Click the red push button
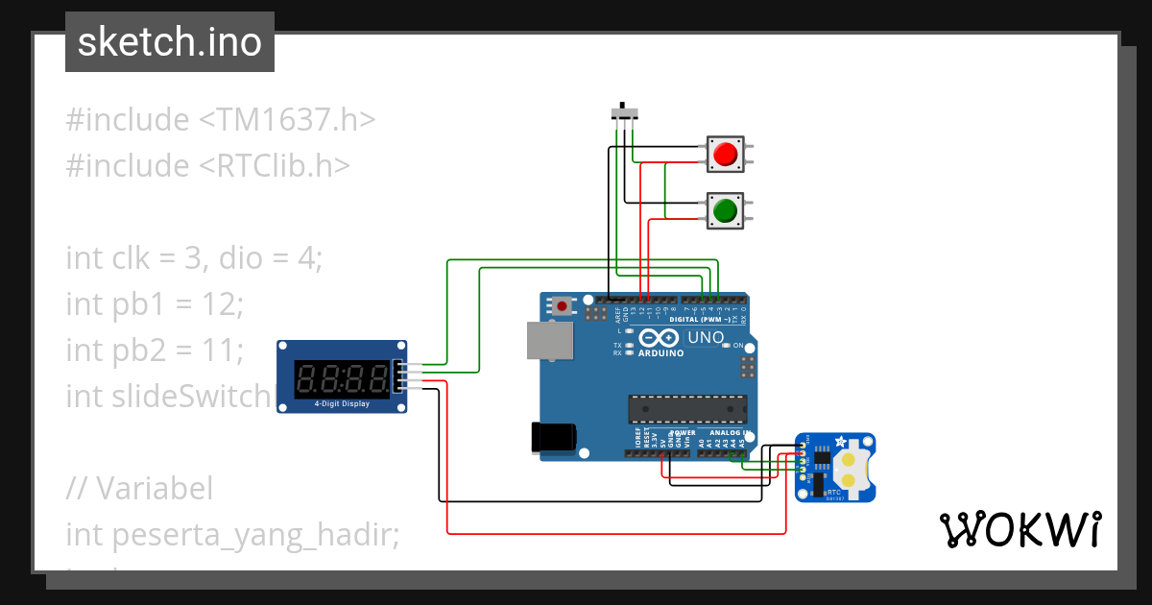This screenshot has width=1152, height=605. (x=725, y=154)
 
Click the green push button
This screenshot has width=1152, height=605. (x=725, y=209)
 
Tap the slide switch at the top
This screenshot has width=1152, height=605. (x=626, y=113)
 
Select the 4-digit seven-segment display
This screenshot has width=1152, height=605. (x=341, y=375)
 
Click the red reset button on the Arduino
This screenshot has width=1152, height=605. (x=562, y=306)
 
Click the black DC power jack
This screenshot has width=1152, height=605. (x=554, y=437)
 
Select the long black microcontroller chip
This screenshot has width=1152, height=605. (x=687, y=409)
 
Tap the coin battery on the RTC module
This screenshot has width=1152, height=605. (x=849, y=469)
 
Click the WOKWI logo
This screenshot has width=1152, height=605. (x=1019, y=529)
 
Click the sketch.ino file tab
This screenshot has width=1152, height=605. (x=170, y=42)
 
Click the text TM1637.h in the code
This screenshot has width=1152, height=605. (x=287, y=120)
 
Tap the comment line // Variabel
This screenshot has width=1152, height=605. (x=139, y=488)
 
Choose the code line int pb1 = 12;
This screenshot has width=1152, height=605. (x=155, y=304)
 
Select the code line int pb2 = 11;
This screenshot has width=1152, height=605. (x=155, y=350)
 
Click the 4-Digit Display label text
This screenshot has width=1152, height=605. (x=341, y=404)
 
